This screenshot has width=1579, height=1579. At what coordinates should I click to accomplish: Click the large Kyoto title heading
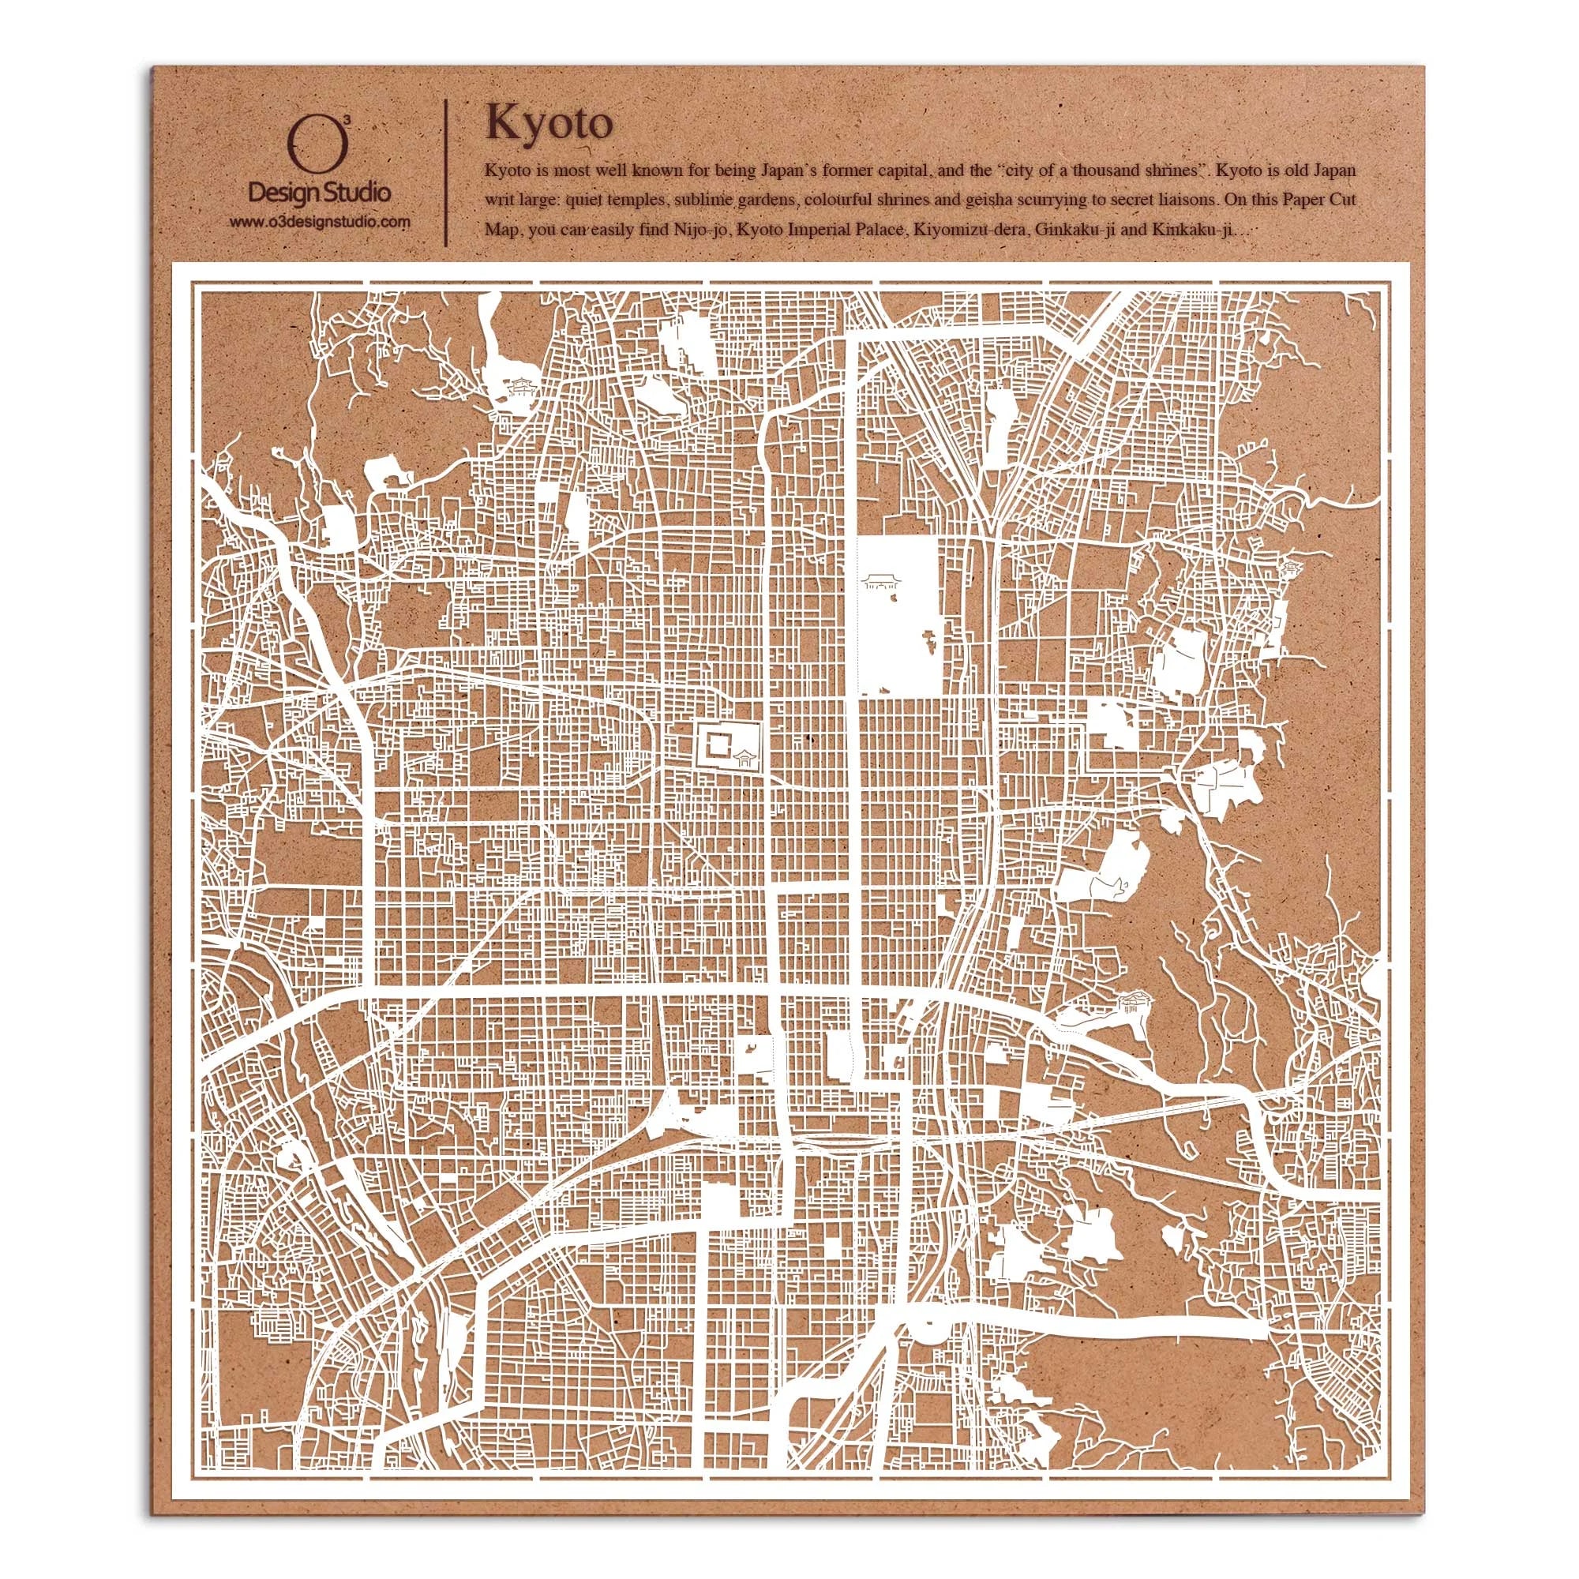tap(549, 123)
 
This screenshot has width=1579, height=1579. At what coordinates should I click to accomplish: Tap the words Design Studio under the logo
tap(319, 193)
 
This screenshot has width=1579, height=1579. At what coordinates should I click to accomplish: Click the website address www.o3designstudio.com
tap(319, 222)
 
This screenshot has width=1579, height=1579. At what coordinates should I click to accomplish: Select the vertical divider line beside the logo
tap(444, 173)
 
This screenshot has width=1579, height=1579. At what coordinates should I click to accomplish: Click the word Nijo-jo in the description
tap(704, 231)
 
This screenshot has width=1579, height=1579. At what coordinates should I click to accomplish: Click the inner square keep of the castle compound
tap(720, 745)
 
